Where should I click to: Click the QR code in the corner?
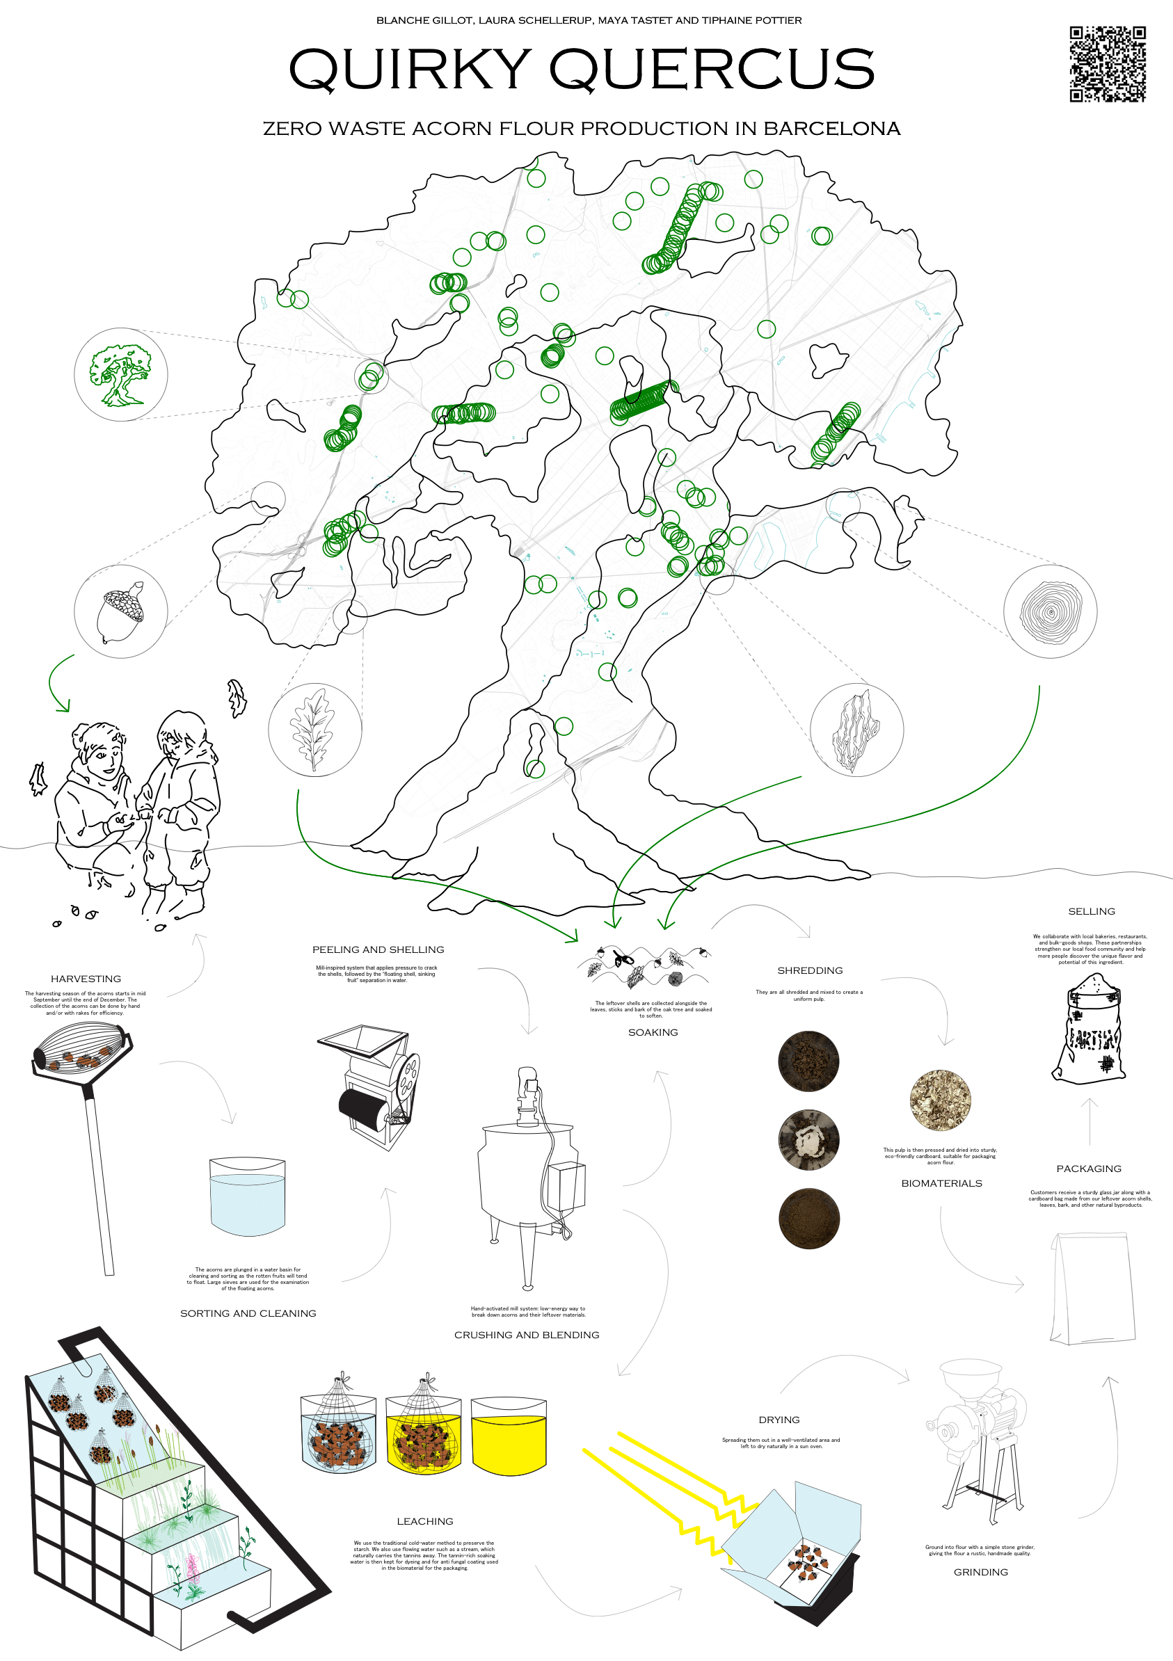tap(1107, 64)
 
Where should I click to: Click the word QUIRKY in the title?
tap(410, 70)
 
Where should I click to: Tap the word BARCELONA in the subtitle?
tap(831, 129)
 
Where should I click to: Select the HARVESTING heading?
tap(86, 979)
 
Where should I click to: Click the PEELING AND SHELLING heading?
tap(378, 949)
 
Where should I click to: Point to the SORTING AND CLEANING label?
tap(248, 1313)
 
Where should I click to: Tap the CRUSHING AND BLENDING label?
tap(526, 1335)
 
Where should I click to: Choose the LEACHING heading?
tap(425, 1521)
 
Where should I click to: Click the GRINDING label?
tap(980, 1572)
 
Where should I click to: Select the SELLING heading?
tap(1091, 911)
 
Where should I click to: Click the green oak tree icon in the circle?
tap(120, 375)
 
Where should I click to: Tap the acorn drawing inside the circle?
tap(120, 612)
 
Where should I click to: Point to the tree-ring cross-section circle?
tap(1050, 612)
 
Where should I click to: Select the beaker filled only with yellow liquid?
tap(509, 1436)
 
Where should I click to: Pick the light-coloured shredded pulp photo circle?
tap(941, 1100)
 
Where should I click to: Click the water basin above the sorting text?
tap(248, 1196)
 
